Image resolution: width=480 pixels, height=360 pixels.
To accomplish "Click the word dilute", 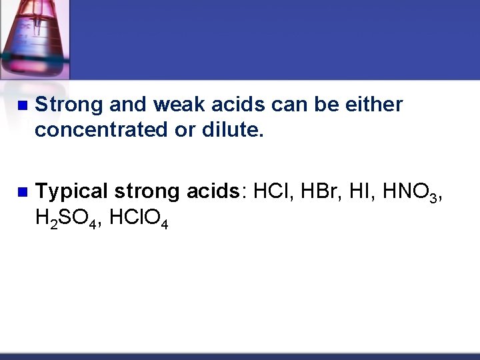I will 233,131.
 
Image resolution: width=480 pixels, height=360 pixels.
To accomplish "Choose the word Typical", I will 71,192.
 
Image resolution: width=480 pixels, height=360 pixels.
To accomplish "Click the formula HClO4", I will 136,218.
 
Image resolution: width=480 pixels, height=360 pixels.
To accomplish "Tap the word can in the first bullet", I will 287,105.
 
